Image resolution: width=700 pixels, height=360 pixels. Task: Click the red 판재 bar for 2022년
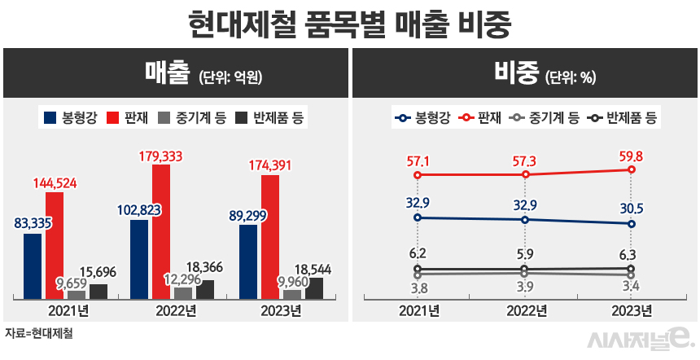pyautogui.click(x=161, y=232)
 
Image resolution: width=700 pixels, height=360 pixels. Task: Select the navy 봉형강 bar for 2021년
pyautogui.click(x=33, y=266)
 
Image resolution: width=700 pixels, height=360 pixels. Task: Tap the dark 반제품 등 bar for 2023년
pyautogui.click(x=314, y=288)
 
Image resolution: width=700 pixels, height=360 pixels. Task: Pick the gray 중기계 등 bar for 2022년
pyautogui.click(x=183, y=293)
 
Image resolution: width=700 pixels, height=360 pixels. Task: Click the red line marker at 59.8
pyautogui.click(x=632, y=169)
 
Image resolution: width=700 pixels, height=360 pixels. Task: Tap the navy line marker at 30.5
pyautogui.click(x=632, y=223)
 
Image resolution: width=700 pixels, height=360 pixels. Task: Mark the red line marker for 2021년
pyautogui.click(x=418, y=174)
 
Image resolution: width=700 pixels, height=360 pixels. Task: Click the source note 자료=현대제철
pyautogui.click(x=37, y=333)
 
